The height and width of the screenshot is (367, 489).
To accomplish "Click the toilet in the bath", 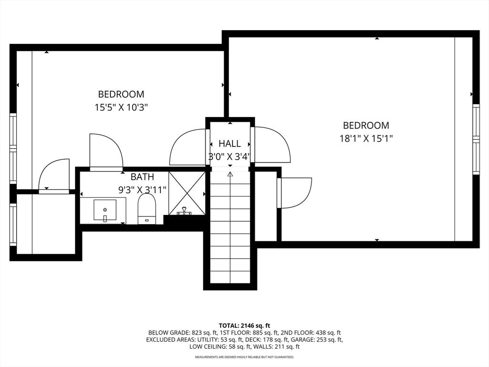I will [x=146, y=208].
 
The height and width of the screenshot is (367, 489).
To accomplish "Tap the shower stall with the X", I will [x=187, y=193].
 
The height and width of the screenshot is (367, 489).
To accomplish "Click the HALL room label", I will [x=230, y=143].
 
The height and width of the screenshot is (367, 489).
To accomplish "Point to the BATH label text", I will [x=142, y=177].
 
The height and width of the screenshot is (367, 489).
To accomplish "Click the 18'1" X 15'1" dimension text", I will [x=366, y=139].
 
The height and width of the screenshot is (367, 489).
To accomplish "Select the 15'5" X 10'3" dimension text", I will [x=121, y=108].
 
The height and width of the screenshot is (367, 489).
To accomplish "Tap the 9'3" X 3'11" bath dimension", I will [x=142, y=190].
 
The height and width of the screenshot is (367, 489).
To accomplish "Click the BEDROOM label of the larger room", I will [x=366, y=125].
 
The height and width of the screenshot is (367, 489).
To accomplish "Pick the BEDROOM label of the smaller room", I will [x=121, y=94].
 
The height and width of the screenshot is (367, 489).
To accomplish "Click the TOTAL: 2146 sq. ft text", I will [x=244, y=325].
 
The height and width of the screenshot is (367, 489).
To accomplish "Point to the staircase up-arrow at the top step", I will [x=230, y=174].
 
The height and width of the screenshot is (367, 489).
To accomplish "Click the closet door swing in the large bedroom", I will [x=295, y=193].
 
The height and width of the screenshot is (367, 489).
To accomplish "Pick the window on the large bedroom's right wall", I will [x=476, y=139].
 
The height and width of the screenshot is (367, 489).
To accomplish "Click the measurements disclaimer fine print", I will [x=244, y=357].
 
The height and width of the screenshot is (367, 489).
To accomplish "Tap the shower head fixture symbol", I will [x=184, y=210].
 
